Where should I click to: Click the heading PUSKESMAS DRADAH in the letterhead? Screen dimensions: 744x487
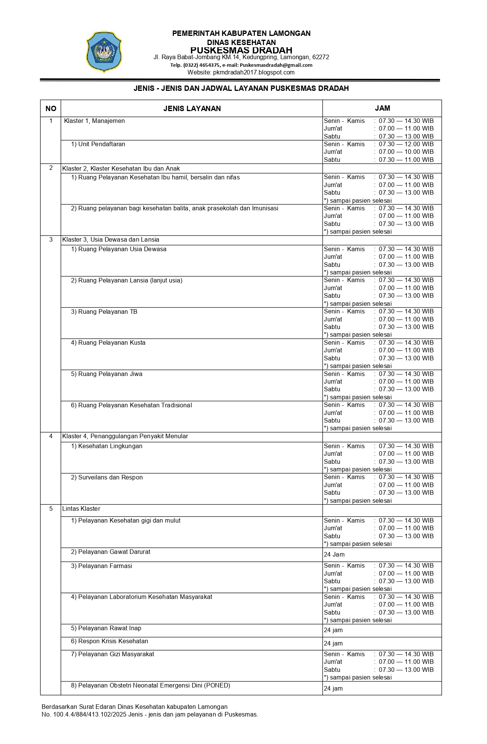(x=241, y=50)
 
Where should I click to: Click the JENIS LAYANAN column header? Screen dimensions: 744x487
(x=192, y=108)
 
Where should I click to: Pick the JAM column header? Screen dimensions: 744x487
(x=382, y=108)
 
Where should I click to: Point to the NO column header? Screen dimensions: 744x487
(x=51, y=108)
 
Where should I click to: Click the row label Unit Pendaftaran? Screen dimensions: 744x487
(x=101, y=144)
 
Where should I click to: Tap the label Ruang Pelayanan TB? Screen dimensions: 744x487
(x=107, y=312)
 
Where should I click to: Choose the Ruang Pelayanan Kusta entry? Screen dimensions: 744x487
(x=112, y=343)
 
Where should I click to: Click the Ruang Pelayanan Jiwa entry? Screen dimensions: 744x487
(x=110, y=374)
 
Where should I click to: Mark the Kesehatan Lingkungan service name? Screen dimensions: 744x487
(x=110, y=446)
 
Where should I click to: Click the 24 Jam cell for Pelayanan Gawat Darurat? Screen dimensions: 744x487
(x=334, y=555)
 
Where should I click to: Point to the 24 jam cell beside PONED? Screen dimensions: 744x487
(x=333, y=689)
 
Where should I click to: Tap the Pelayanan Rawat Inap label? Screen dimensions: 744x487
(x=109, y=628)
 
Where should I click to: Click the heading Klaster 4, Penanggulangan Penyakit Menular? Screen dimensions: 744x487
(x=125, y=436)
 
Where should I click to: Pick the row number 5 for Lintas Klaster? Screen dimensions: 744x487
(x=51, y=509)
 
